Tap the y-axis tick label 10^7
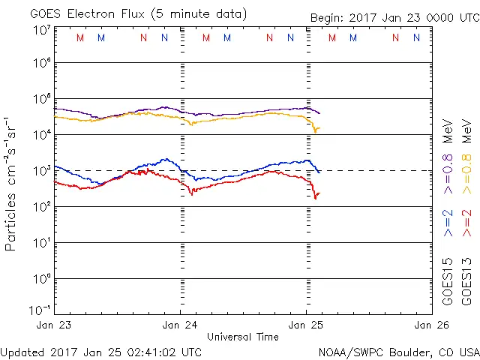41,31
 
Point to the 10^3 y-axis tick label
41,171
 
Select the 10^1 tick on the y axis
41,243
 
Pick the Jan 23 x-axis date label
54,325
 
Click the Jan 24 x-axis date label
180,325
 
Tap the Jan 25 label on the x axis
306,325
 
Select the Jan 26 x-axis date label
433,325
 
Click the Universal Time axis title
243,337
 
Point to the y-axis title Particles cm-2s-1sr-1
12,184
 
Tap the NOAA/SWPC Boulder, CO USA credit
398,352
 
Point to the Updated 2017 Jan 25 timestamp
101,352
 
